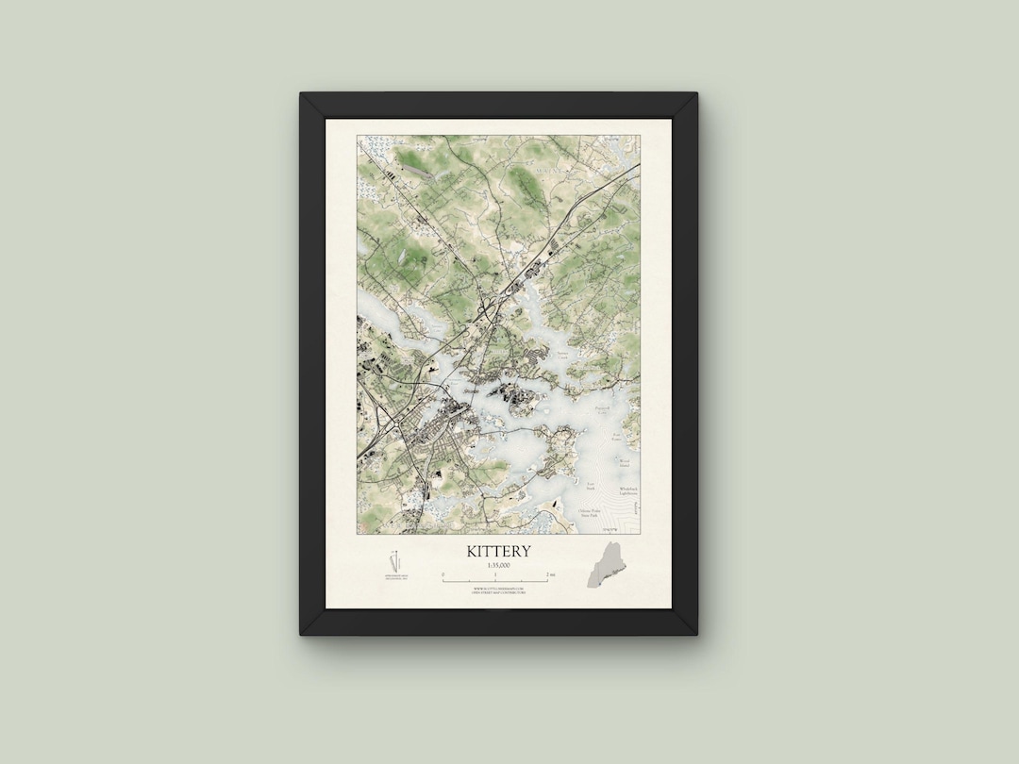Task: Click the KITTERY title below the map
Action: pos(498,551)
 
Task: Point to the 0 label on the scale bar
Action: pos(443,573)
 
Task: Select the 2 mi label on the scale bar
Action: pos(550,573)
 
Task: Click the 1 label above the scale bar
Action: pos(496,573)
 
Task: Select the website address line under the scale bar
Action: pos(498,588)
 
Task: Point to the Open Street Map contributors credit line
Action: pos(498,592)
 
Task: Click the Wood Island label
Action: pos(624,461)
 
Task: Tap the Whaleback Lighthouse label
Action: pos(628,490)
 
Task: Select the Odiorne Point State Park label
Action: pos(591,513)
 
